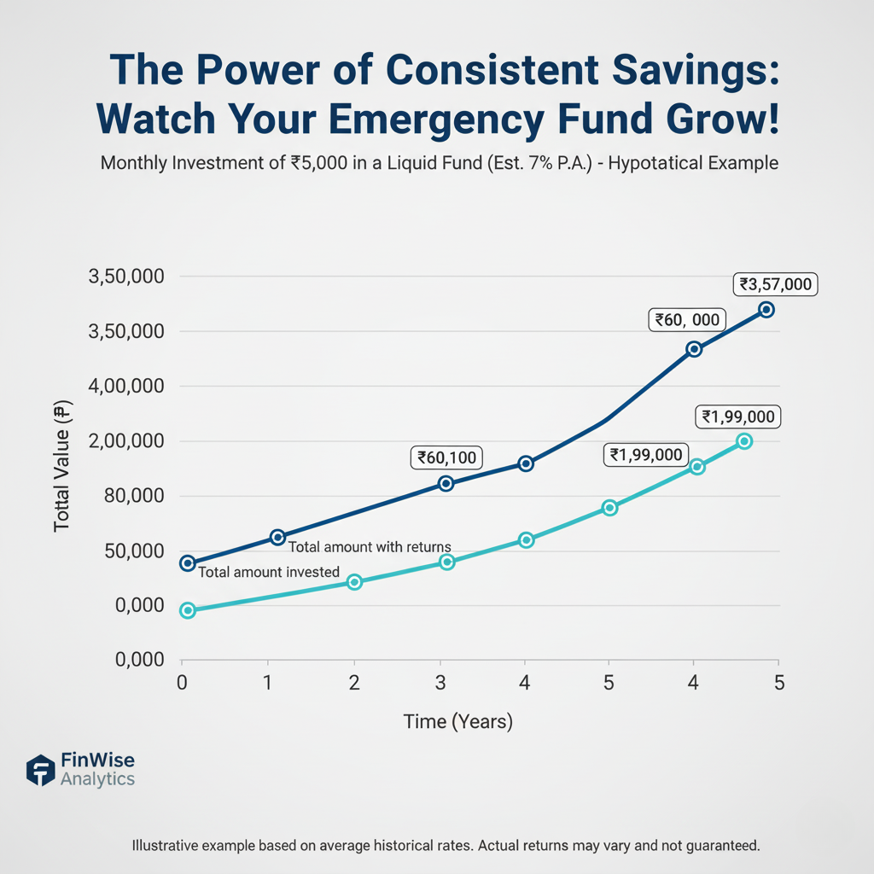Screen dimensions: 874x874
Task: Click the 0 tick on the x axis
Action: click(181, 682)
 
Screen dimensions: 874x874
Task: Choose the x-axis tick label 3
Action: click(440, 682)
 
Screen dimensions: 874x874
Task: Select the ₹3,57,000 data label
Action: click(776, 285)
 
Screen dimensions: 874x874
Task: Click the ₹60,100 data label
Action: click(447, 457)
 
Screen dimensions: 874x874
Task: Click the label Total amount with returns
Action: click(370, 547)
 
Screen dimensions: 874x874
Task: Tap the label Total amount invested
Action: click(269, 572)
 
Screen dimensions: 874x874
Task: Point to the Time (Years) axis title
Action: click(457, 722)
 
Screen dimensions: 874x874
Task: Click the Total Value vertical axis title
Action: click(61, 469)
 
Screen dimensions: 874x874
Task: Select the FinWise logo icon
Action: click(40, 769)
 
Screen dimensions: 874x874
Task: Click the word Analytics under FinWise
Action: click(97, 779)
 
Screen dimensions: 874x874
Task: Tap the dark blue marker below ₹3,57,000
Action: click(766, 310)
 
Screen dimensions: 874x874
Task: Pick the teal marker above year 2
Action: click(355, 582)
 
